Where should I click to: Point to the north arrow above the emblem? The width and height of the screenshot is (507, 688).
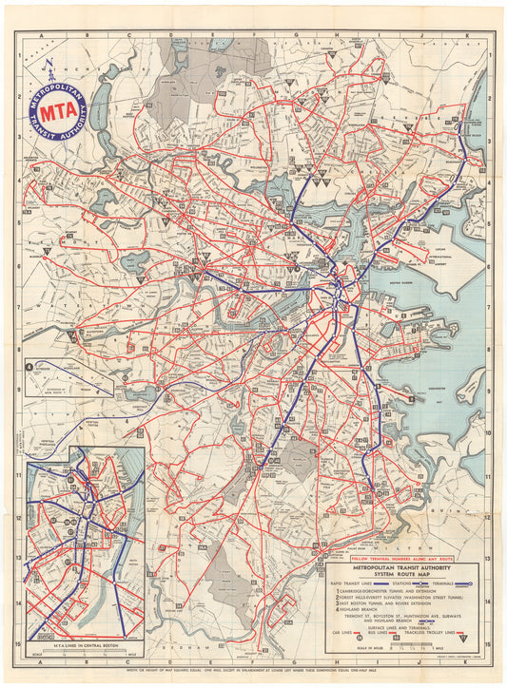pyautogui.click(x=50, y=69)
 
